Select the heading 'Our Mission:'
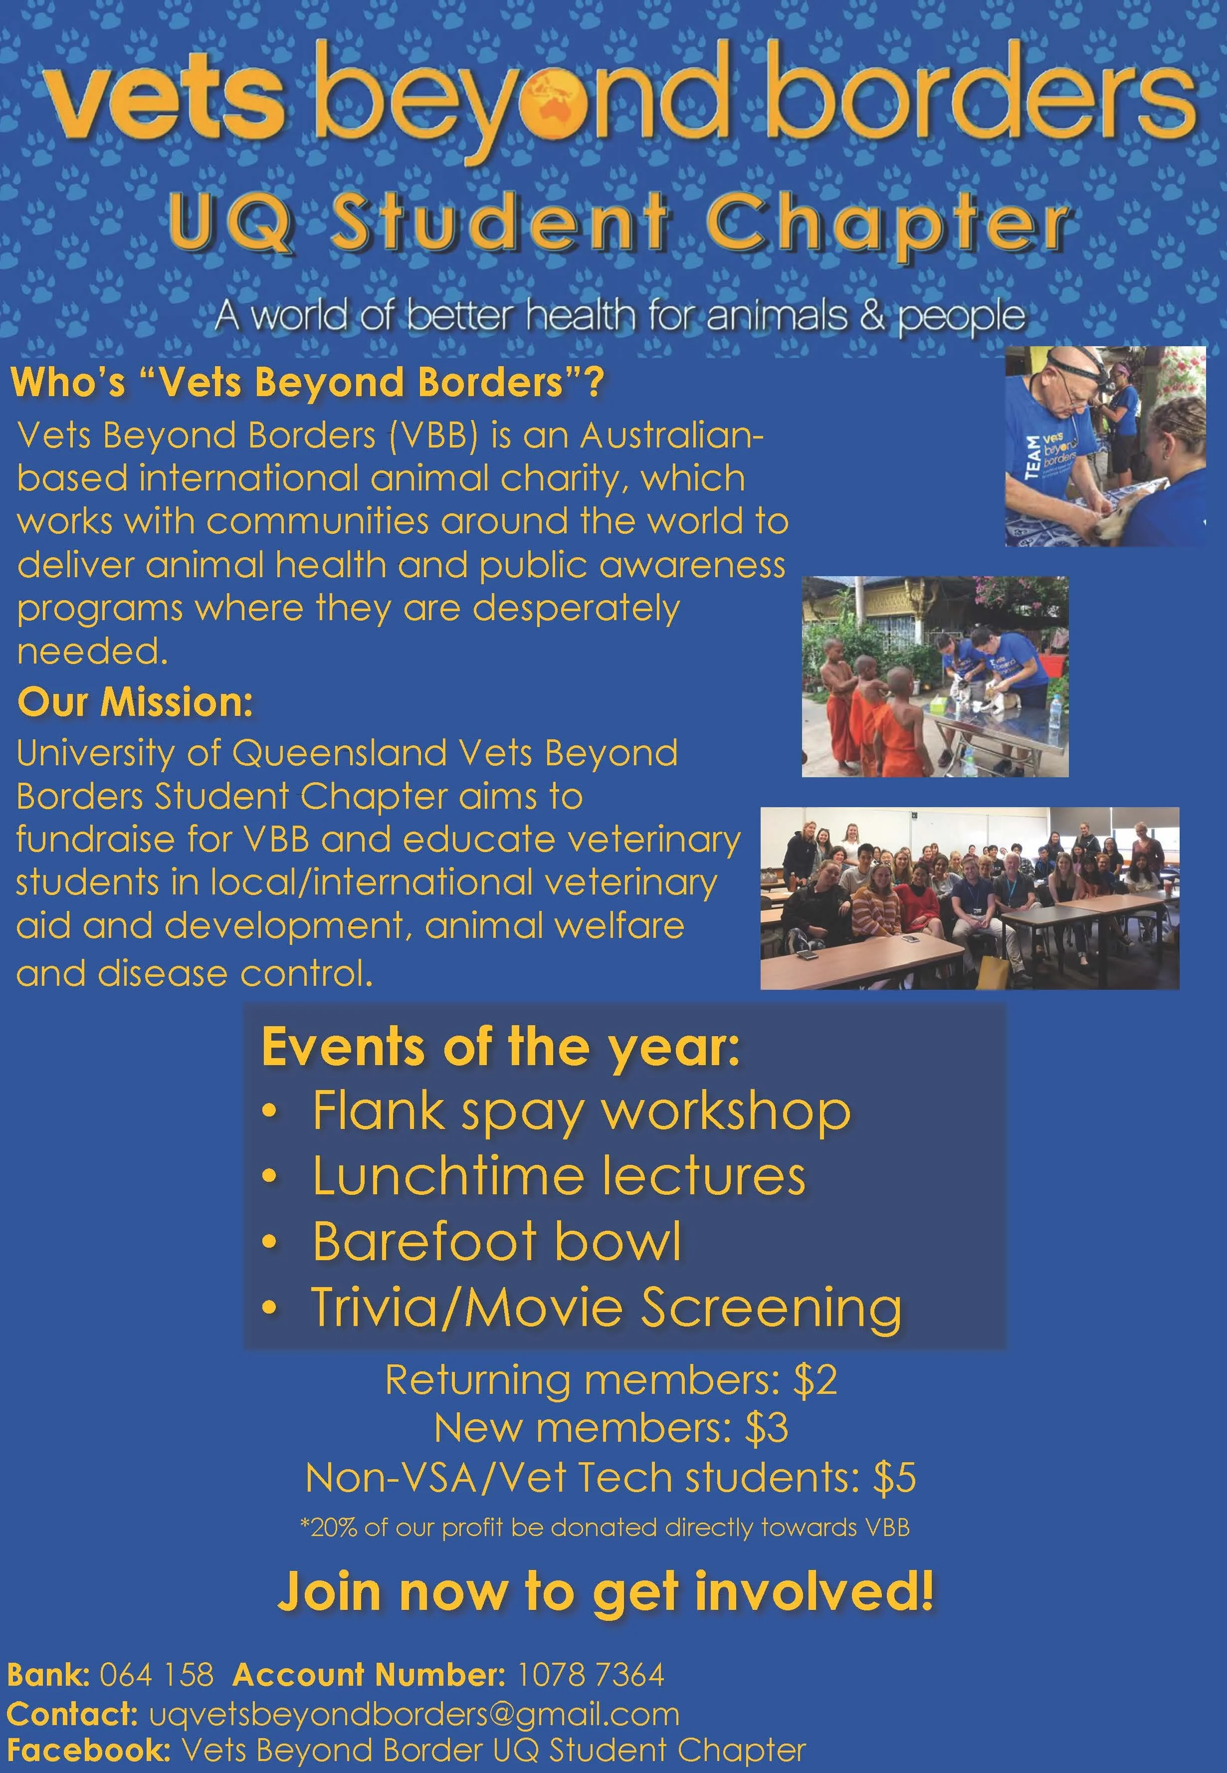click(x=135, y=702)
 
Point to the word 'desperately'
click(x=576, y=608)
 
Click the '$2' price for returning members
click(x=815, y=1379)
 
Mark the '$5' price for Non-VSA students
click(x=894, y=1477)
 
